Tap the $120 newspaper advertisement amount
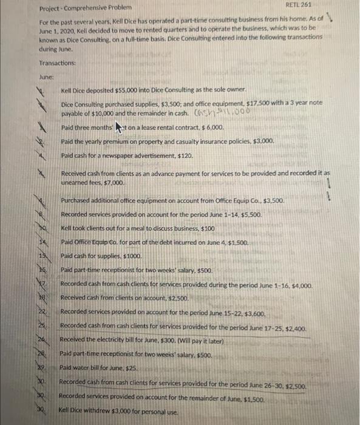click(188, 155)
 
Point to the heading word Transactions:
click(58, 63)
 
